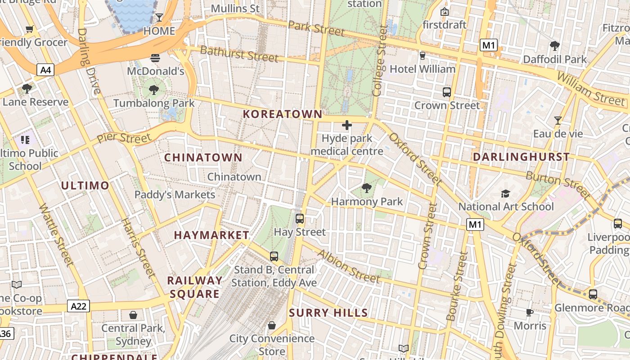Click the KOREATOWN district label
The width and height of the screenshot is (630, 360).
[x=283, y=114]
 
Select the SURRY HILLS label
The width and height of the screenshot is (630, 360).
[x=328, y=313]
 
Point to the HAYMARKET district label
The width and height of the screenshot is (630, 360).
[x=211, y=235]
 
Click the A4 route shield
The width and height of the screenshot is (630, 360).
[x=45, y=70]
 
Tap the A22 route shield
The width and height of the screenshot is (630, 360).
[x=79, y=306]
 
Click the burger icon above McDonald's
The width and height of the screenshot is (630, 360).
[x=155, y=58]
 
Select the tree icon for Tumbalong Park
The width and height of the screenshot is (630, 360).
[x=154, y=90]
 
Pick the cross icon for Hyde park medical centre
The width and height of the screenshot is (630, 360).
[x=346, y=125]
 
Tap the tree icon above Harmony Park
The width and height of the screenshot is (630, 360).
[x=367, y=188]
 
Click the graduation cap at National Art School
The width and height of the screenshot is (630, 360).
[x=506, y=193]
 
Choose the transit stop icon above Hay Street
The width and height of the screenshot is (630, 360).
[x=300, y=219]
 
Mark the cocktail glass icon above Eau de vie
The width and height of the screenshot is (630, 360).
[x=558, y=121]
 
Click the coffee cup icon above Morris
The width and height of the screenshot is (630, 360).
[x=530, y=312]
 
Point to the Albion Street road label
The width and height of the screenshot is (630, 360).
[x=349, y=266]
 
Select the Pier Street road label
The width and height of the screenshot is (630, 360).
[x=124, y=138]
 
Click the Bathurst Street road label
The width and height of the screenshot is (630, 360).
[x=239, y=54]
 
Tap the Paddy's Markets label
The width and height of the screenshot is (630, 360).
[x=175, y=195]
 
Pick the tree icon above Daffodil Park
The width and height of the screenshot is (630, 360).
[x=555, y=45]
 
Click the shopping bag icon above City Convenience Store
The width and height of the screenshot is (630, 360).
[x=272, y=325]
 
